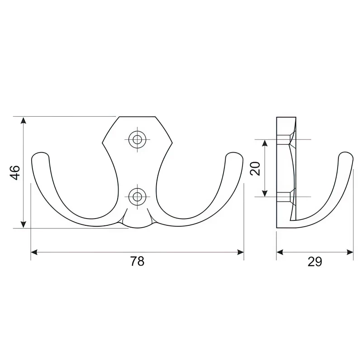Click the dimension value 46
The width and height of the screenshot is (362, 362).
15,172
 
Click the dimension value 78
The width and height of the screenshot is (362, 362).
137,262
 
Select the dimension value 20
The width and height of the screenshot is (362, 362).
256,168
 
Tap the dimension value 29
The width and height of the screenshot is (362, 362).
314,262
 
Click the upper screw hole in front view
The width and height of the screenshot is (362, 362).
138,139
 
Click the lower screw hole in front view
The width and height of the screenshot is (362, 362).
138,197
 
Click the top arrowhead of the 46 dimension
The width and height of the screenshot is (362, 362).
23,120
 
